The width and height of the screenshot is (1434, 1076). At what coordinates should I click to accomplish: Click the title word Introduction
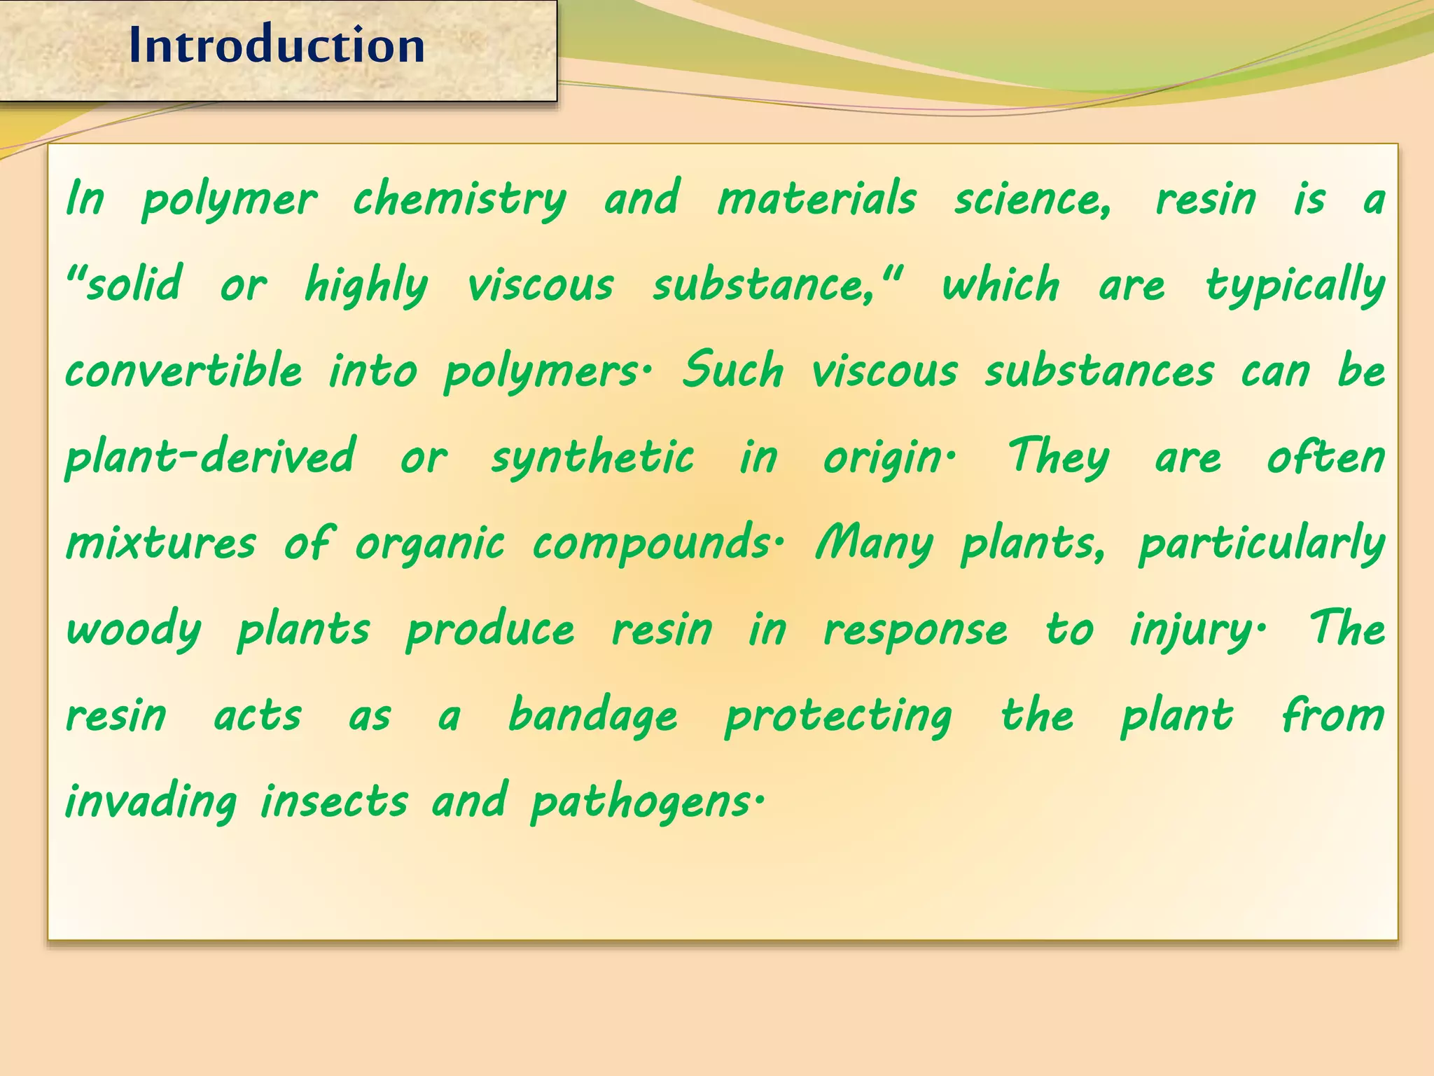tap(277, 46)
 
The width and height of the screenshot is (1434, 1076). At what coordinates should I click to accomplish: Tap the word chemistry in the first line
tap(459, 200)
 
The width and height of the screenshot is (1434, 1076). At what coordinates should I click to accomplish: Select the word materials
tap(816, 198)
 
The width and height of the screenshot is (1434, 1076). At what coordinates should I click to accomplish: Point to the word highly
tap(366, 286)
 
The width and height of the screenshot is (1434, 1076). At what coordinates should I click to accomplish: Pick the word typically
tap(1295, 286)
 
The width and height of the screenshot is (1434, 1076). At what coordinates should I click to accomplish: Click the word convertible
tap(183, 371)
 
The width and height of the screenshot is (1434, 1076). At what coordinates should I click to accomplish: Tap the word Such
tap(732, 371)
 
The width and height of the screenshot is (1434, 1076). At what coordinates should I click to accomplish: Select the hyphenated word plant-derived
tap(210, 457)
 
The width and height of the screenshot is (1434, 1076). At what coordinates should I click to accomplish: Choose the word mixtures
tap(161, 544)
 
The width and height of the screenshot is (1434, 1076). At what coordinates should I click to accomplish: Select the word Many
tap(875, 544)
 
